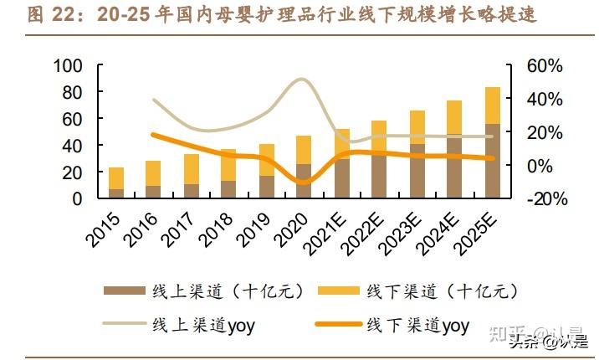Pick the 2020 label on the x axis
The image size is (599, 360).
293,228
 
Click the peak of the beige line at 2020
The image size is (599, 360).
303,80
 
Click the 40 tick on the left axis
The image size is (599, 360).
73,146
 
